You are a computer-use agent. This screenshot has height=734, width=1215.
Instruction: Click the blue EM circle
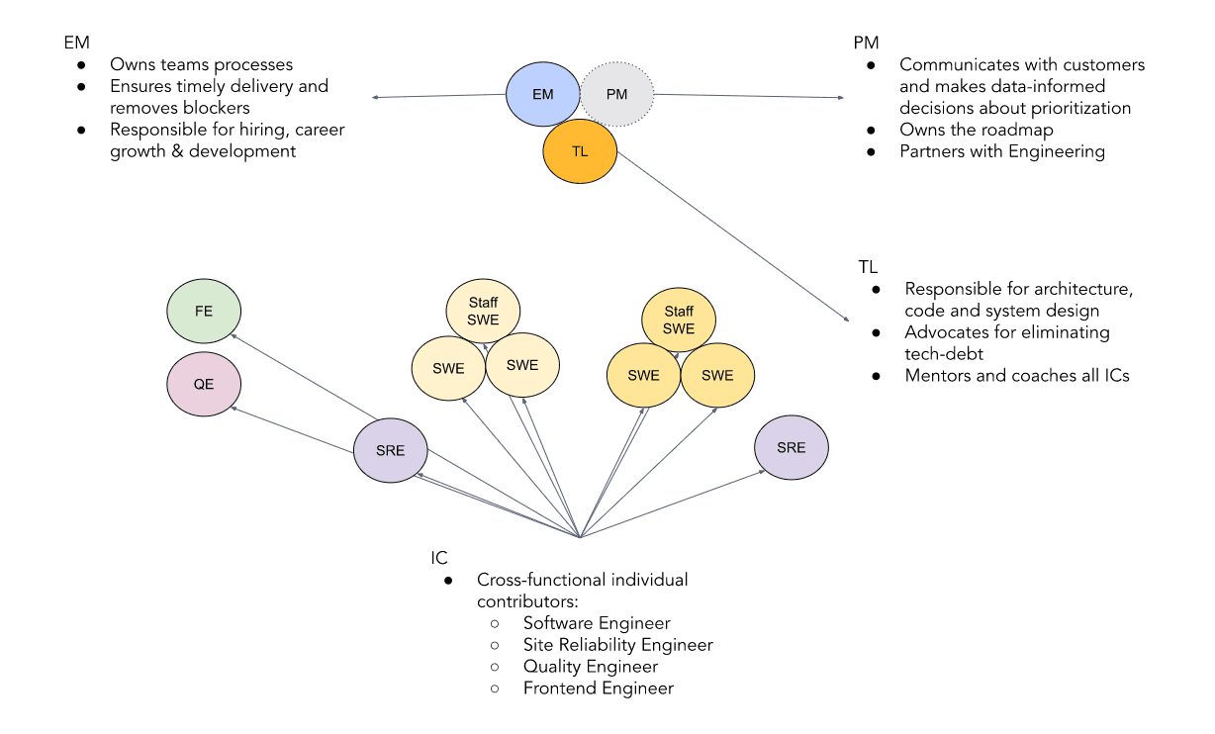tap(542, 95)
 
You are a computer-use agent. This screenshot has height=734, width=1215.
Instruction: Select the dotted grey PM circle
tap(617, 95)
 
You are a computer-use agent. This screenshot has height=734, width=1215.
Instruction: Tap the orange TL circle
tap(580, 151)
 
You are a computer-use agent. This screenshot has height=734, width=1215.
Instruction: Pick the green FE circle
tap(204, 311)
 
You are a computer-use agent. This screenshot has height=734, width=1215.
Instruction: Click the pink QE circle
tap(204, 385)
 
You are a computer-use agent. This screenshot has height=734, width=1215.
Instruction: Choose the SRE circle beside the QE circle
tap(391, 450)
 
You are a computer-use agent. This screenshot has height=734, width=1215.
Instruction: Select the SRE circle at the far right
tap(791, 447)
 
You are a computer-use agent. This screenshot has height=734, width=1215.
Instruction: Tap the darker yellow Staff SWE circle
tap(679, 321)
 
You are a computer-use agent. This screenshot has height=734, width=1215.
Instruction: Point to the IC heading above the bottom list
tap(439, 558)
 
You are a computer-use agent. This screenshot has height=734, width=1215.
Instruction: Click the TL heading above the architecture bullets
tap(868, 267)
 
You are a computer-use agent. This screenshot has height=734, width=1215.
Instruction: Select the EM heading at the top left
tap(76, 44)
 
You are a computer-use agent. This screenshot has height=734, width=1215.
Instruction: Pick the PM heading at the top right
tap(866, 44)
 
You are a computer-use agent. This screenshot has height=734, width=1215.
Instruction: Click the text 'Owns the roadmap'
tap(976, 130)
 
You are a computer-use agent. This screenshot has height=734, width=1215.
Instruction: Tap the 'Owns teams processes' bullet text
tap(201, 65)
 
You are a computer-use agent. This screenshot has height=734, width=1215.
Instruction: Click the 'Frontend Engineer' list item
tap(598, 688)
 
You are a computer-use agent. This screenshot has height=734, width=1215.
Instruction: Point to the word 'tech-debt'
tap(944, 354)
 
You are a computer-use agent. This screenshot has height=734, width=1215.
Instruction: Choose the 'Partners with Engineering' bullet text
tap(1001, 151)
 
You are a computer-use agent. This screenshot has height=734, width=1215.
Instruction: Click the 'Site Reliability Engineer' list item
tap(617, 645)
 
